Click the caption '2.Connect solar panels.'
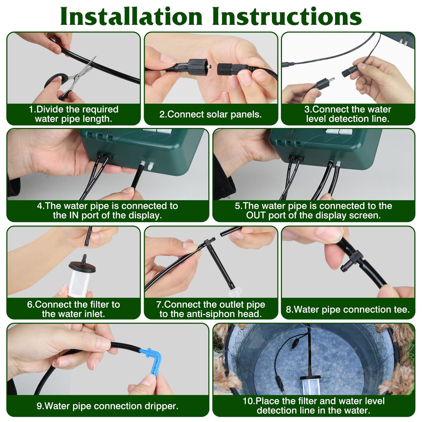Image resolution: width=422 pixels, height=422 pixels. coord(210,114)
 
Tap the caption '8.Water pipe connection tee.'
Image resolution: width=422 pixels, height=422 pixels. coord(348,309)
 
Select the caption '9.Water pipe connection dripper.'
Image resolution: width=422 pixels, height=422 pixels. coord(107,406)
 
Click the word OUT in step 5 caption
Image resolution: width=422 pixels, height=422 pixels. coord(256,216)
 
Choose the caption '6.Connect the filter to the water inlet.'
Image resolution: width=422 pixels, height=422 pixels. coord(73,309)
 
